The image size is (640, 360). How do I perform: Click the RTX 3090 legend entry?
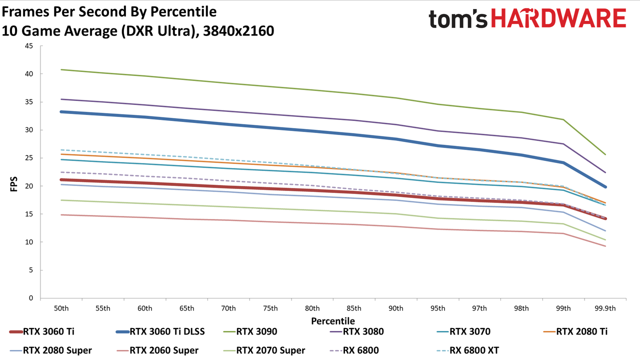point(250,331)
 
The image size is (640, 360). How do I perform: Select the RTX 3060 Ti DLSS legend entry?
point(160,331)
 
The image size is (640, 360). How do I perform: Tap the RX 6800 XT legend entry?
point(468,350)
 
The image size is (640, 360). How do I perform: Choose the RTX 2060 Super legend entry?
point(157,350)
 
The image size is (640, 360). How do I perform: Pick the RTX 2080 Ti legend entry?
point(575,331)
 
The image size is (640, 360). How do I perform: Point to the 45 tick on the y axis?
point(29,46)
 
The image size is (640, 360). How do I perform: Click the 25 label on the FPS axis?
point(29,158)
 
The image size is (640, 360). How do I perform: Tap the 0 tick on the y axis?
point(31,298)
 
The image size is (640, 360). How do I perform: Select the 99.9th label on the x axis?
point(605,308)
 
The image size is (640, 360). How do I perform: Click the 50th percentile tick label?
point(61,308)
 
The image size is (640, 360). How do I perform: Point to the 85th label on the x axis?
point(354,308)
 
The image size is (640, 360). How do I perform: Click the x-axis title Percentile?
point(333,321)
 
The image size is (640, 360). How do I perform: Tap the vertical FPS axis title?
point(13,184)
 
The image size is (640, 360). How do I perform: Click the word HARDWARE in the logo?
point(558,18)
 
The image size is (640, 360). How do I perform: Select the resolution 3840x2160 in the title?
point(238,31)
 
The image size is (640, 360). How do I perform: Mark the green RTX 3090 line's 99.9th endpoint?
point(605,154)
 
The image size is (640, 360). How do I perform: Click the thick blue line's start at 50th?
point(61,111)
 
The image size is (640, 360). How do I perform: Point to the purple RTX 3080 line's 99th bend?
point(563,143)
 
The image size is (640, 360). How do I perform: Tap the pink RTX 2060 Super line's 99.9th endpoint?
point(605,246)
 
